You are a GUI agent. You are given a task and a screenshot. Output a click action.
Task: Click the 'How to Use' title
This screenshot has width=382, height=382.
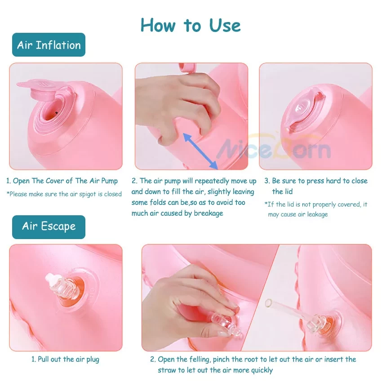(191, 25)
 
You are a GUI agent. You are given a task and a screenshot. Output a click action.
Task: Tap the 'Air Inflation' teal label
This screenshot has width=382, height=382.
(49, 45)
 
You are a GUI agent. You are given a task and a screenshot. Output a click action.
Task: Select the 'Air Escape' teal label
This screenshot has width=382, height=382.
(49, 227)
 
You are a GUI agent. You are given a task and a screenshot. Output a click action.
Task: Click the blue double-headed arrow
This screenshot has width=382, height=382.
(200, 151)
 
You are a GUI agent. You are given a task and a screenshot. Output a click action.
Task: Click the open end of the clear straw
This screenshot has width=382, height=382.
(268, 303)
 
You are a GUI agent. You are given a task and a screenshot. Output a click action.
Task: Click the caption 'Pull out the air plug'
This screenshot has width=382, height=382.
(65, 360)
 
